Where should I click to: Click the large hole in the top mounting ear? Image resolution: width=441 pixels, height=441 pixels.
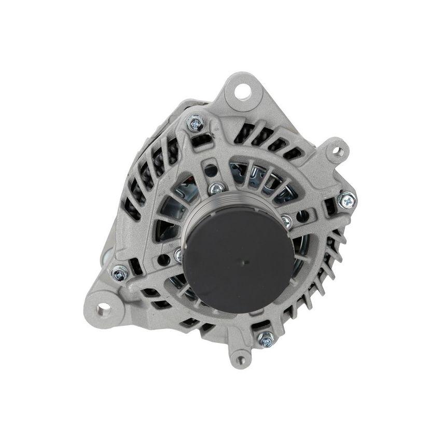click(x=242, y=91)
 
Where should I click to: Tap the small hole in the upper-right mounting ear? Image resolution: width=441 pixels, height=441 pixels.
click(x=338, y=151)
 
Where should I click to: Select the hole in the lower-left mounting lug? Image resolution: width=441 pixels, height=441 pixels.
click(x=103, y=309)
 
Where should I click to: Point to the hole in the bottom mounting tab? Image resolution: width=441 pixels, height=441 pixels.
click(x=240, y=359)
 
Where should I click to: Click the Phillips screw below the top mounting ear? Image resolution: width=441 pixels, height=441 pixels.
click(x=196, y=122)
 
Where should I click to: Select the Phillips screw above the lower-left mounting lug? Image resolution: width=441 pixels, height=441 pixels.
click(x=119, y=272)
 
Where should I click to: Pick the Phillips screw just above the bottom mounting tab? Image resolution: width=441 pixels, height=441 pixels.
click(x=266, y=339)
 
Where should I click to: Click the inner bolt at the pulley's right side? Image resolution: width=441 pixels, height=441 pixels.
click(x=285, y=222)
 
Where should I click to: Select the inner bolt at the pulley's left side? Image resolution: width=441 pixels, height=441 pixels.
click(x=180, y=255)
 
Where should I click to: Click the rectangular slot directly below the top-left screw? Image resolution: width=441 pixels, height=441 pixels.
click(x=201, y=140)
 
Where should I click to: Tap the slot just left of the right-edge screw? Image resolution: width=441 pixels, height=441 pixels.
click(x=329, y=208)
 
